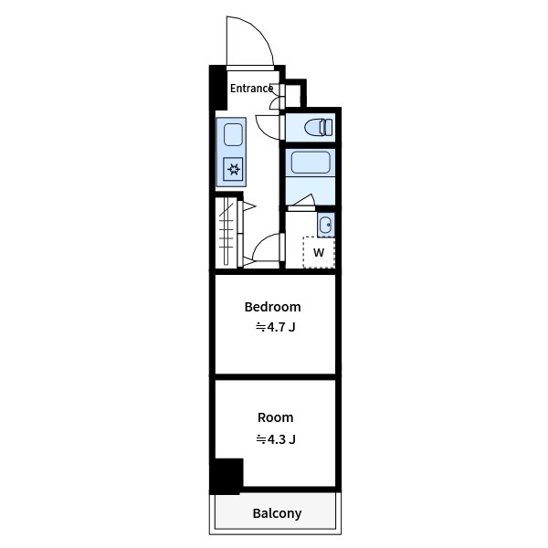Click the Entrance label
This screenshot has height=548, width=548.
coord(251,89)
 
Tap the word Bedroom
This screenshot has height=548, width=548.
coord(272,307)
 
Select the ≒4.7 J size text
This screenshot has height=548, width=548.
coord(276,327)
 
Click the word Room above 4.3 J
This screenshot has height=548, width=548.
coord(276,417)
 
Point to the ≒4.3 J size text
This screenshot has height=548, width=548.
coord(276,439)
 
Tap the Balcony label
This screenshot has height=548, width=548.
coord(277,513)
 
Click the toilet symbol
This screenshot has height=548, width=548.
coord(319,128)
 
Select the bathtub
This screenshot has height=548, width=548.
coord(311,162)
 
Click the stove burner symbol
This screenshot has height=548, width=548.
coord(233,170)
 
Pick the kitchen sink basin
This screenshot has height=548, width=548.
coord(233,134)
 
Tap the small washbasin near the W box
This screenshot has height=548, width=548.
coord(326,225)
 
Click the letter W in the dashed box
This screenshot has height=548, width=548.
coord(319,252)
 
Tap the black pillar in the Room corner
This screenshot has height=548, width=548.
coord(227,476)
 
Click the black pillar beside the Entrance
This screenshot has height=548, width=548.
coord(218,88)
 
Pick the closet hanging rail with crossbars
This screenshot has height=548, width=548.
coord(227,231)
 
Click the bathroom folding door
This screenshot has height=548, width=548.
coord(302,203)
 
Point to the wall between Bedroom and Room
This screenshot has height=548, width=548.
coord(276,376)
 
